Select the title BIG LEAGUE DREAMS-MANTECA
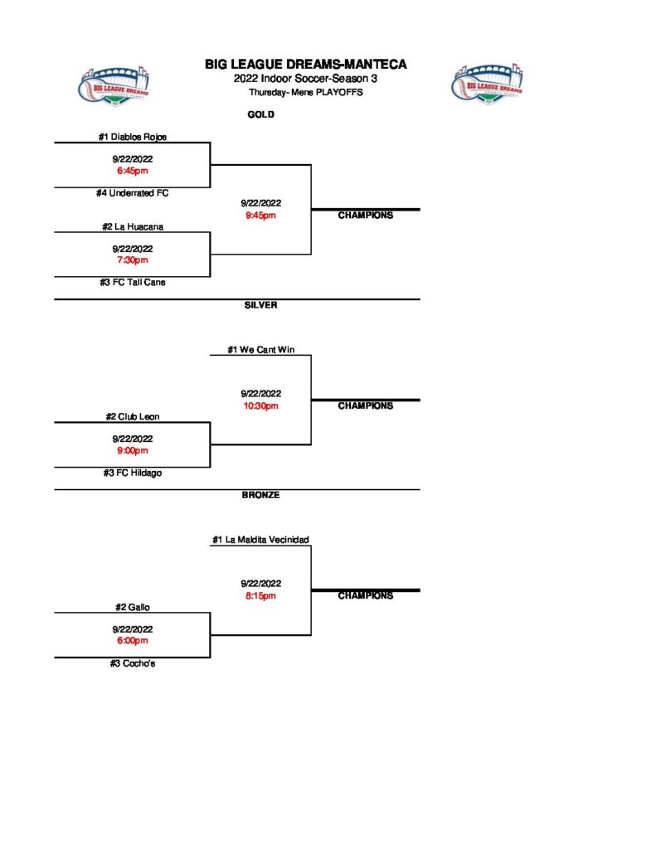pos(306,65)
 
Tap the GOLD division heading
pos(260,115)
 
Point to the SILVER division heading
pos(260,305)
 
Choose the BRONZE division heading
pos(260,495)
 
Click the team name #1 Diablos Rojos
pos(132,138)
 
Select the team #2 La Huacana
pos(132,226)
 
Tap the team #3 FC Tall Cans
pos(132,283)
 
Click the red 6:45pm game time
pos(132,171)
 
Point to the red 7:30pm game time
pos(132,260)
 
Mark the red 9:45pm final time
pos(260,216)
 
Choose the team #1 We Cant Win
pos(260,351)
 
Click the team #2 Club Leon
pos(132,417)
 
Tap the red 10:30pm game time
pos(260,406)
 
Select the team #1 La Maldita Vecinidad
pos(260,541)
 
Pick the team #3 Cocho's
pos(132,663)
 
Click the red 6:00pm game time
pos(132,641)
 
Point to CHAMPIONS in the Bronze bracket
pos(365,596)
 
